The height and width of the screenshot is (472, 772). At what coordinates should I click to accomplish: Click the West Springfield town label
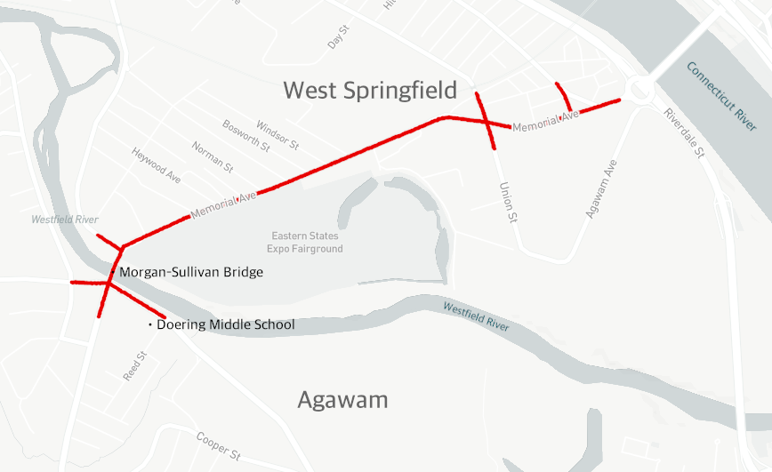point(369,90)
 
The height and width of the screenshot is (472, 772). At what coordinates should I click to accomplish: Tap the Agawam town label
point(342,400)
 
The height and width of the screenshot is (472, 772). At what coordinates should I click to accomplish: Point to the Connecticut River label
point(721,96)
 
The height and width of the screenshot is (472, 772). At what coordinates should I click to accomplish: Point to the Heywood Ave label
point(156,165)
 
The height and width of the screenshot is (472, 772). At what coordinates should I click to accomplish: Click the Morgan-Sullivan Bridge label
point(191,272)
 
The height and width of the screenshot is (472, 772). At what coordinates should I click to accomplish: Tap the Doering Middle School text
point(225,324)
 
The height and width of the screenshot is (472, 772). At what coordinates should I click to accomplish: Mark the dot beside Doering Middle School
point(149,325)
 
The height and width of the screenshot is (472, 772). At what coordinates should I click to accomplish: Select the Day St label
point(336,37)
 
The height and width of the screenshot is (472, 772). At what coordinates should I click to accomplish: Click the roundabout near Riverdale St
point(639,90)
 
